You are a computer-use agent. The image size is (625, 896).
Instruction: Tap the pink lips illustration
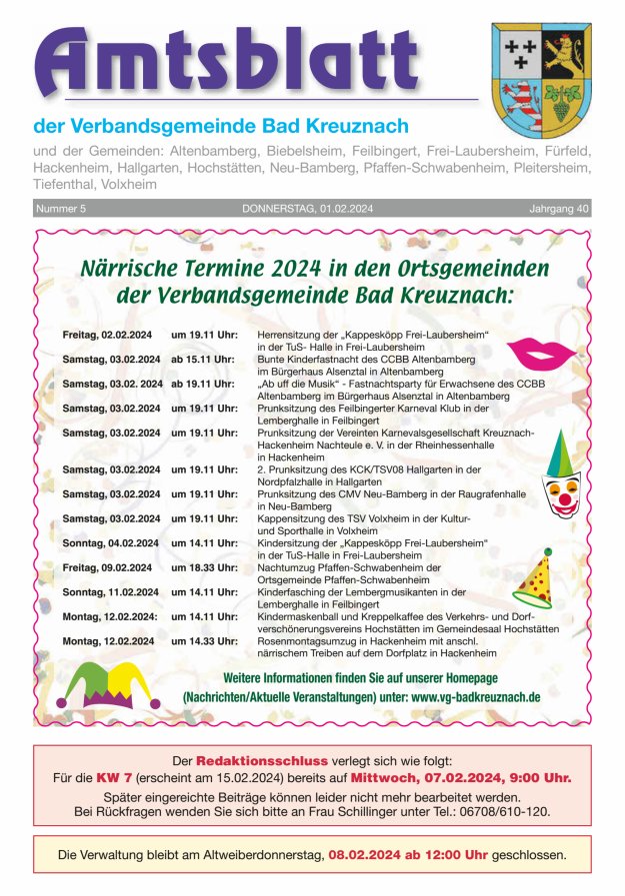[x=542, y=353]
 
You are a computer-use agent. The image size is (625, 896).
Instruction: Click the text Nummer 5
[x=62, y=209]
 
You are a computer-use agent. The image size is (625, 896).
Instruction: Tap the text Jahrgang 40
[x=559, y=209]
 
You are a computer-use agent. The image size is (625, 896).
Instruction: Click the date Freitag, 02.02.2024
[x=106, y=332]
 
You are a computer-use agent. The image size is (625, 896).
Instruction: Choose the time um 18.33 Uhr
[x=203, y=567]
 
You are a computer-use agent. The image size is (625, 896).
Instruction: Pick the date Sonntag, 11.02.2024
[x=110, y=592]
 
